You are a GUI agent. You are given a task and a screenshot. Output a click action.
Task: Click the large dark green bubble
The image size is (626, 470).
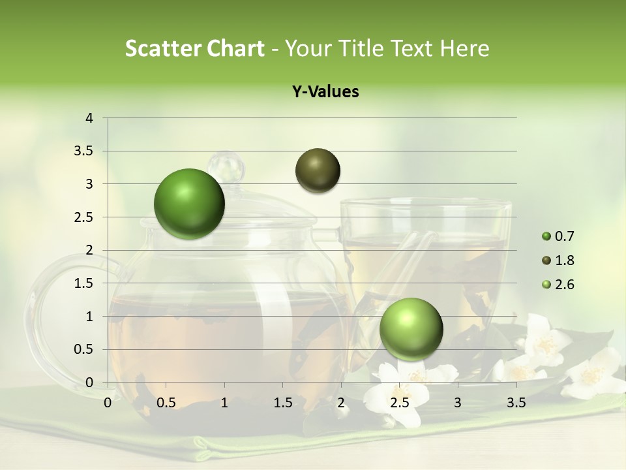click(189, 204)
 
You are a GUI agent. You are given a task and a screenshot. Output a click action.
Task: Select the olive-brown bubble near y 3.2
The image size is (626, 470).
click(318, 170)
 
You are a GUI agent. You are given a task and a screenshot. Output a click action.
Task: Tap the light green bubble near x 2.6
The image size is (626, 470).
click(411, 328)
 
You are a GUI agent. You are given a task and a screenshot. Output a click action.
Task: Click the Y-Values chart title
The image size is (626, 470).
click(325, 92)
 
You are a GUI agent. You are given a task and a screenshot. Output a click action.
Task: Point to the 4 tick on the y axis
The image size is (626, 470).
click(89, 118)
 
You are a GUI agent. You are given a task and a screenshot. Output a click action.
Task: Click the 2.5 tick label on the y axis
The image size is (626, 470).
click(85, 217)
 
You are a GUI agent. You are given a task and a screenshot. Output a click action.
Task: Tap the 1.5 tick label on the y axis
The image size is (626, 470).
click(85, 283)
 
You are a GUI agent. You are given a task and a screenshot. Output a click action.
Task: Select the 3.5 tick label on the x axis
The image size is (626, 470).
click(516, 403)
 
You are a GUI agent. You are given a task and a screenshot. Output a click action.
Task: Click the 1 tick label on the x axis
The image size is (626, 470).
click(224, 403)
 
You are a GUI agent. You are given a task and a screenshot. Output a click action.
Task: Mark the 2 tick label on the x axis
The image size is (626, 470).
click(341, 403)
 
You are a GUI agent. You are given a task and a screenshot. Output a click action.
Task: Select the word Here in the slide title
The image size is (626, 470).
click(464, 48)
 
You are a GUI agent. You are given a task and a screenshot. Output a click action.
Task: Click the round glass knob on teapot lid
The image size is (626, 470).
click(226, 167)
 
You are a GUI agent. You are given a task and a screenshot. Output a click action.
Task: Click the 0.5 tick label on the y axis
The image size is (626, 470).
click(85, 349)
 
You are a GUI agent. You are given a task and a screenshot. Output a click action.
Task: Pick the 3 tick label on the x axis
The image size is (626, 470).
click(457, 403)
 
